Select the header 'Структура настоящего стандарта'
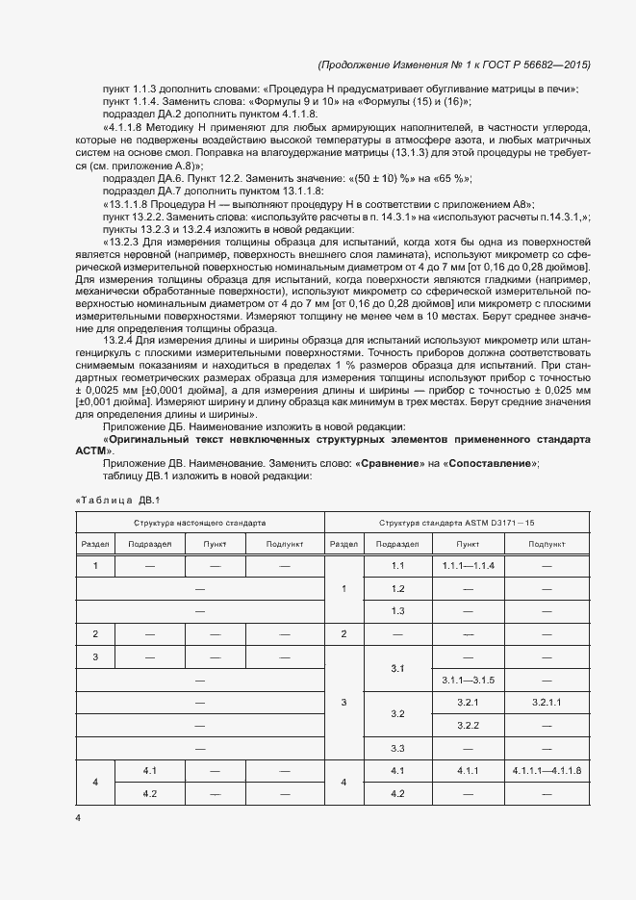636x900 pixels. (200, 523)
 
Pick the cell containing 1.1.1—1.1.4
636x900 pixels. (468, 565)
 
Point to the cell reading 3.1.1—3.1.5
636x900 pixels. (468, 681)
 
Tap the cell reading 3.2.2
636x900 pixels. (468, 725)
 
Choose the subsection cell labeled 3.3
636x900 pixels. (397, 748)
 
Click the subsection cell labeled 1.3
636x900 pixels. (397, 610)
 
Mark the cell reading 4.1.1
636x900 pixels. (468, 771)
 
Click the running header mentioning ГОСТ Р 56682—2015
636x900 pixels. (453, 64)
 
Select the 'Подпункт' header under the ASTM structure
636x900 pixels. (547, 544)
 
